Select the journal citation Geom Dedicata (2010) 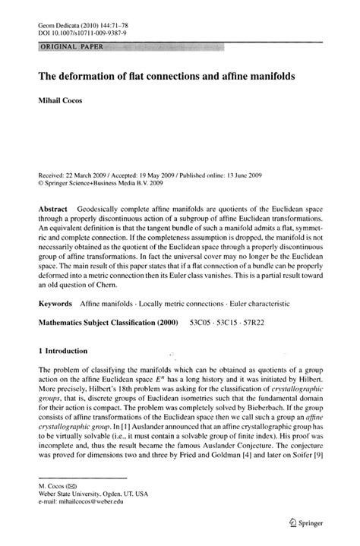66,25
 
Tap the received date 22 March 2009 85,174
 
